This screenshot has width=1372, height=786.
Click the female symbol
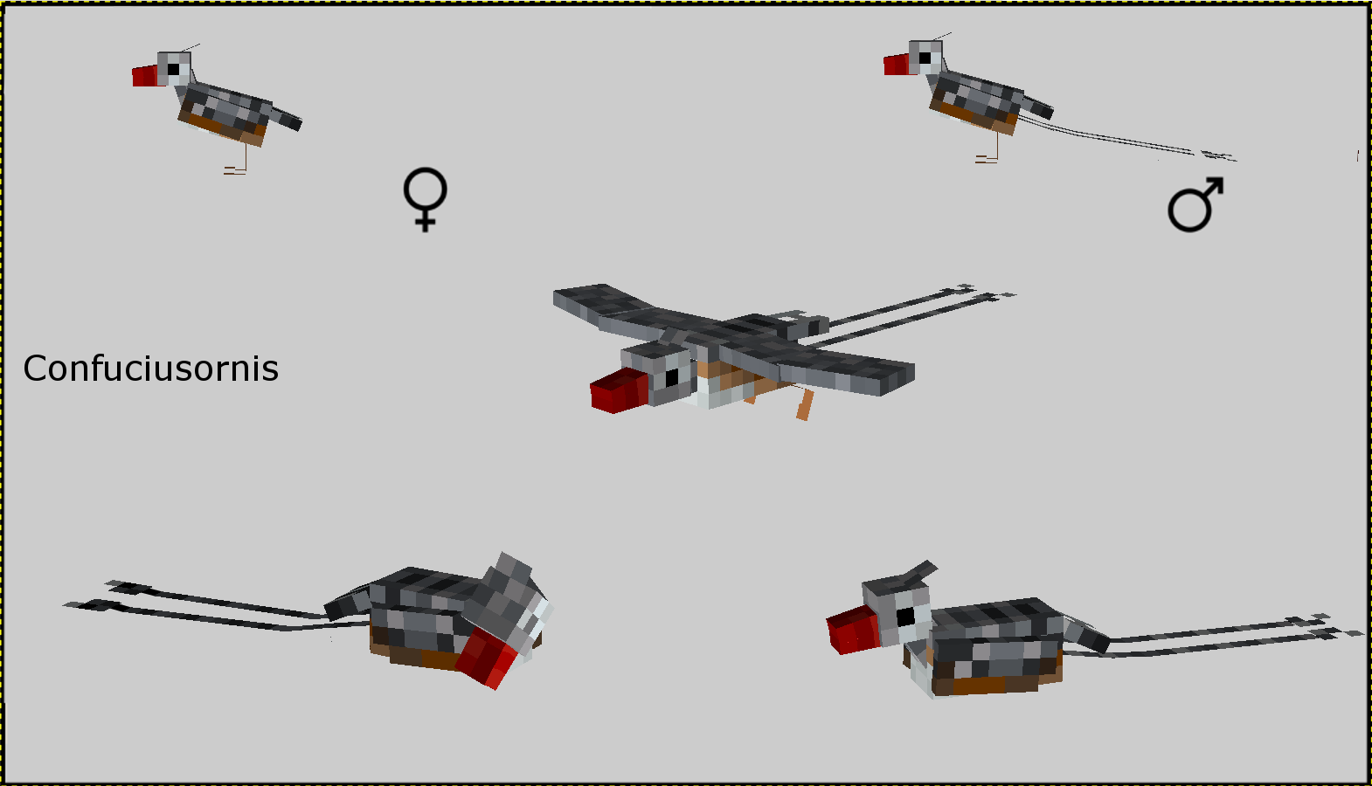point(425,199)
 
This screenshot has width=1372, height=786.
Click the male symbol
point(1195,204)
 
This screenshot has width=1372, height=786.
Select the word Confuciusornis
point(150,369)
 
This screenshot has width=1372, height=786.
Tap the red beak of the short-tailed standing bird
point(145,76)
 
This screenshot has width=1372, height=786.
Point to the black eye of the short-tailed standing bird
point(173,69)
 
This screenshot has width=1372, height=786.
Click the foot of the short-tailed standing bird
point(235,170)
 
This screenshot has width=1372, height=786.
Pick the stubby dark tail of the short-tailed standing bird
point(286,118)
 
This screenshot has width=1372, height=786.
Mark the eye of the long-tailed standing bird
point(925,59)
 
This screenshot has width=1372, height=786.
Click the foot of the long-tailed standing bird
point(987,159)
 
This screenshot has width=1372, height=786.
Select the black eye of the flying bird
point(672,377)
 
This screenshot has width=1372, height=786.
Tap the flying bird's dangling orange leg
point(806,404)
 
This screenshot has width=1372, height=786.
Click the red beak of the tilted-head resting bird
point(489,659)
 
